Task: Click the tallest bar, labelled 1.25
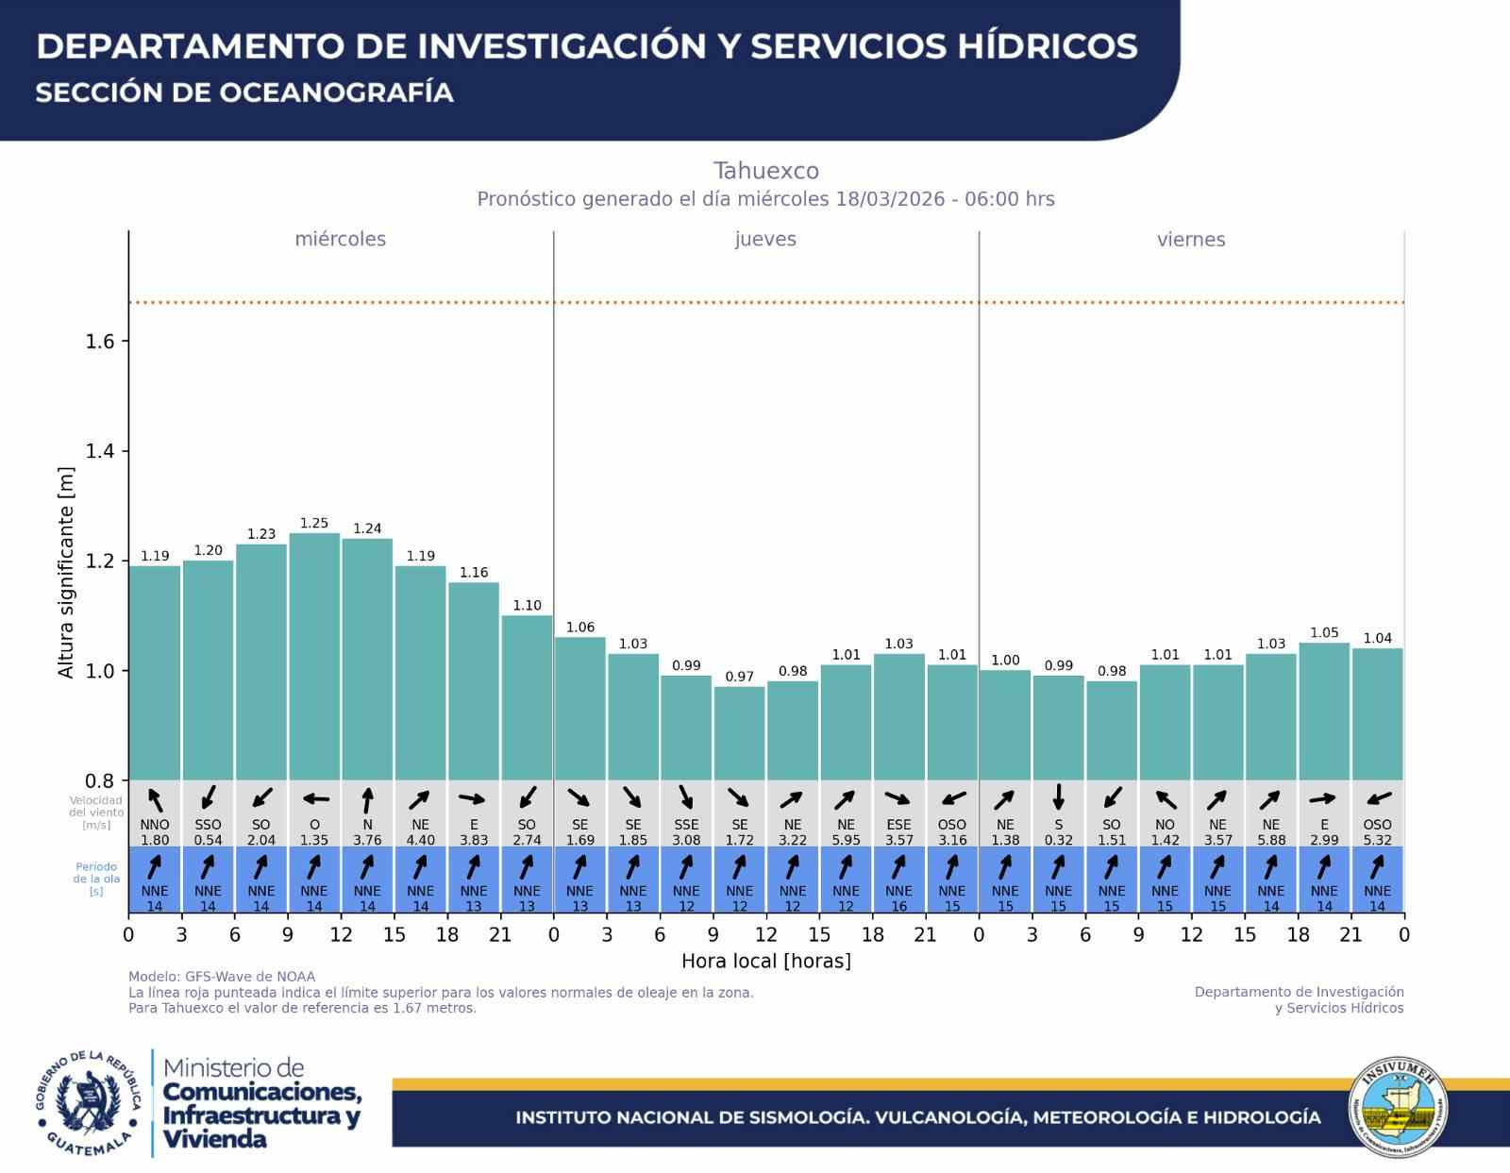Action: point(314,656)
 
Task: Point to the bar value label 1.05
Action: point(1324,633)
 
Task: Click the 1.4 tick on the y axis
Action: point(100,451)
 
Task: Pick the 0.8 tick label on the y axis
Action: point(100,781)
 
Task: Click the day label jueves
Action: point(765,239)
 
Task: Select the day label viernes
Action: point(1191,240)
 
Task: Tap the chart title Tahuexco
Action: point(765,171)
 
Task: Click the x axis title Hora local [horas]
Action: point(765,961)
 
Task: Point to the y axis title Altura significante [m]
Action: point(66,572)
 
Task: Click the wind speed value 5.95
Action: point(846,840)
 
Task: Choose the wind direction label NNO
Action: point(155,825)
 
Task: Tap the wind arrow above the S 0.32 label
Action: point(1059,797)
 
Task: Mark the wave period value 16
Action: point(899,907)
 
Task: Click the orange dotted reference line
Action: point(765,303)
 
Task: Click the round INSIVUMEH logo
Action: point(1398,1108)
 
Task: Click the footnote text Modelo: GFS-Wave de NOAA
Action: point(222,977)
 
